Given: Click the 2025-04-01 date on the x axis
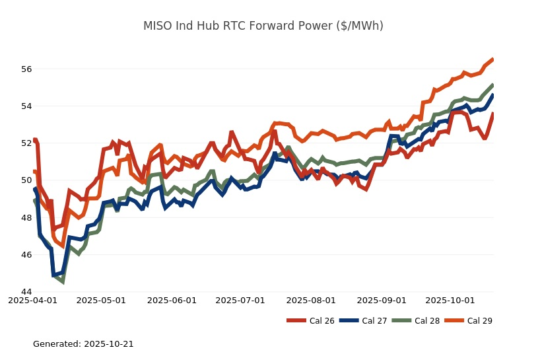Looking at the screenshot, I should point(32,301).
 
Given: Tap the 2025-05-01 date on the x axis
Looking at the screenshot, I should point(101,301).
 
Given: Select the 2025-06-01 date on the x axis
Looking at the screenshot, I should point(172,301).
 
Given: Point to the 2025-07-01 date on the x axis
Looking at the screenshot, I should point(240,301).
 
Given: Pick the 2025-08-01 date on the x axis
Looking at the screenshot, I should point(312,301).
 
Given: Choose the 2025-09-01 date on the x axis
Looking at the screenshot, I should point(382,301).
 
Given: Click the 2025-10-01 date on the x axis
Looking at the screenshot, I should point(450,301).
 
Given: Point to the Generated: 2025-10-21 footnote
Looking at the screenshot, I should point(83,344).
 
